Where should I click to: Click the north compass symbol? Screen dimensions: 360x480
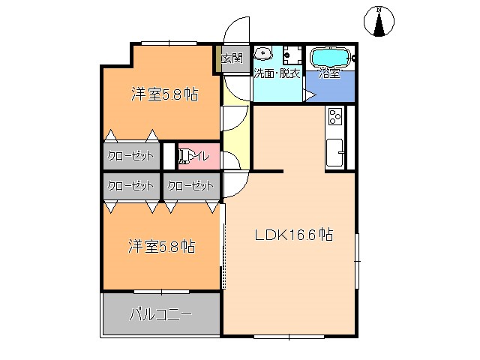coord(379,22)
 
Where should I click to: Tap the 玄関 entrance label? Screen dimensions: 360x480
coord(232,58)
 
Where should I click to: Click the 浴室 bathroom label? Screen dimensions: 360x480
coord(330,73)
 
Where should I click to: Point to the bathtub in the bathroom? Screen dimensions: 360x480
coord(329,56)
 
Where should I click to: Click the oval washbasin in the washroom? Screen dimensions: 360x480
coord(263,54)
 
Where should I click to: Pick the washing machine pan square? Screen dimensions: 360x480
coord(293,56)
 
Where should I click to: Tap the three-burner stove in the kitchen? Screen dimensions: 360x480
coord(334,116)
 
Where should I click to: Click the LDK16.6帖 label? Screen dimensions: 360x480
coord(293,235)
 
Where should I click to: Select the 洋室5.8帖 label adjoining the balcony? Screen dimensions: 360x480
coord(162,246)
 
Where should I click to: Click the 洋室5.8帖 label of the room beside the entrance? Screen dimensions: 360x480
coord(164,95)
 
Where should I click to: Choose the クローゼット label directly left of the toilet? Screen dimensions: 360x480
coord(131,156)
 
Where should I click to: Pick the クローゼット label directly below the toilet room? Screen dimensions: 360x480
coord(190,185)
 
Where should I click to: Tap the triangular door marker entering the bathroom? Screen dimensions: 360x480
coord(308,94)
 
